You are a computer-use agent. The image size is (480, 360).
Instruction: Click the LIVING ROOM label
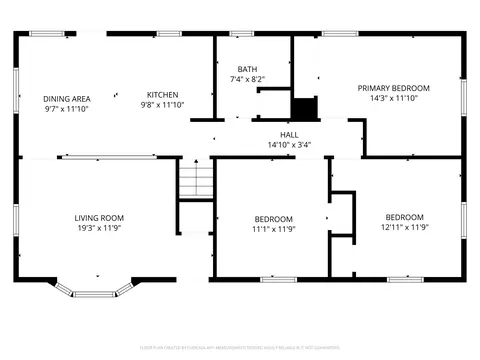[x=99, y=217]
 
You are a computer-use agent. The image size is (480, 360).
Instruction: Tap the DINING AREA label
[x=67, y=98]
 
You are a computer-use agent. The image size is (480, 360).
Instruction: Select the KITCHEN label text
[x=162, y=94]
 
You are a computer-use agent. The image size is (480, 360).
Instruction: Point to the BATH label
[x=246, y=69]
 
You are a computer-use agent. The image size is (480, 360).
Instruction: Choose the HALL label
[x=289, y=133]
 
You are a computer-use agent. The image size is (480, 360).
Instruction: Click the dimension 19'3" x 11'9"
[x=99, y=228]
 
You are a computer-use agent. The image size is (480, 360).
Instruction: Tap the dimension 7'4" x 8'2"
[x=246, y=79]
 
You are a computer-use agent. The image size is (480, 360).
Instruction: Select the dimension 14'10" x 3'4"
[x=289, y=144]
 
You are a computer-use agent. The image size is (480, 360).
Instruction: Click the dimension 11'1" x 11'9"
[x=273, y=229]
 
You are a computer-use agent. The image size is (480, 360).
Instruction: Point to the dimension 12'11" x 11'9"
[x=404, y=227]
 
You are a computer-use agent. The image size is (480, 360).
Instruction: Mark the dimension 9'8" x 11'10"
[x=162, y=104]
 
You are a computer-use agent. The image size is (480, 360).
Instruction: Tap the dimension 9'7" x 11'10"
[x=67, y=109]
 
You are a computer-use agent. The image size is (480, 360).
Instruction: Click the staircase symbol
[x=196, y=182]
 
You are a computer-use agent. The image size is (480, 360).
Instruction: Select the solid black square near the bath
[x=303, y=107]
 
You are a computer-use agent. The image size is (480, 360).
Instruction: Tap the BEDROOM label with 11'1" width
[x=273, y=219]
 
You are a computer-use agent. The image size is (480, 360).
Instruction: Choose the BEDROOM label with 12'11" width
[x=404, y=217]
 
